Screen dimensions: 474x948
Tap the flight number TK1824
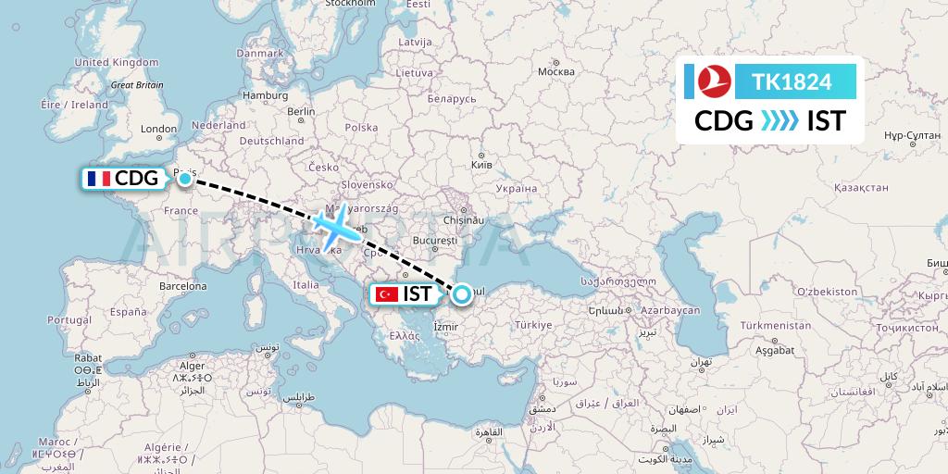(x=792, y=82)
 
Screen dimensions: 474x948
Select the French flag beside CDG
(x=97, y=179)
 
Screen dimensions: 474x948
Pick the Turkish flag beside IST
(x=387, y=295)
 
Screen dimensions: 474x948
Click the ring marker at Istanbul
(x=461, y=294)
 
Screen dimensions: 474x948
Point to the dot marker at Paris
(x=185, y=178)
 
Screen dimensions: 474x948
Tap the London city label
(x=158, y=130)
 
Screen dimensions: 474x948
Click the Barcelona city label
(x=182, y=286)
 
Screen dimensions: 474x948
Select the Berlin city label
(x=302, y=111)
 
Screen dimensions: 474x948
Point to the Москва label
(x=555, y=72)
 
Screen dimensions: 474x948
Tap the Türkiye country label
(x=534, y=325)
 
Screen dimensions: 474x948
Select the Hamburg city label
(x=265, y=95)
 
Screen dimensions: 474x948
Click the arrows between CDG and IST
(x=780, y=120)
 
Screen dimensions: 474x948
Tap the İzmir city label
(x=445, y=327)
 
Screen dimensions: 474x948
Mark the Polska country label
(x=361, y=128)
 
